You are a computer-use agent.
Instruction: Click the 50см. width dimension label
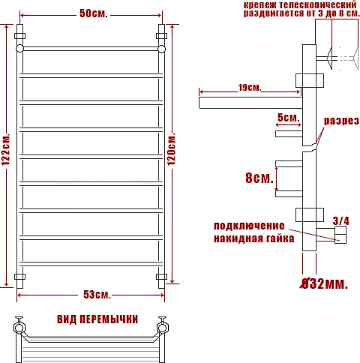coord(90,14)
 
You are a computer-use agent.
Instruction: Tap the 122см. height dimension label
coord(7,155)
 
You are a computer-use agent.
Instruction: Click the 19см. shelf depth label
coord(249,88)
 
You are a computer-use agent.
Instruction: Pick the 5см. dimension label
coord(288,118)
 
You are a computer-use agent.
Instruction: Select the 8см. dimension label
coord(258,178)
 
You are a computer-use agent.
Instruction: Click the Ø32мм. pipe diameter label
coord(323,284)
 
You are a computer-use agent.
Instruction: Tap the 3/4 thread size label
coord(340,220)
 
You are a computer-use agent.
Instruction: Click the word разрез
coord(341,121)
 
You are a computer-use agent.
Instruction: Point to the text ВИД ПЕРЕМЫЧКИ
coord(97,319)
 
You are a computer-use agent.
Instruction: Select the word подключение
coord(248,226)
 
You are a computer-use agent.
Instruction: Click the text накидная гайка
coord(248,239)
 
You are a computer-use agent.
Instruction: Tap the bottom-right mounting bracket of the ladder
coord(161,277)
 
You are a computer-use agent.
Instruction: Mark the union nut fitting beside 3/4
coord(340,237)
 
